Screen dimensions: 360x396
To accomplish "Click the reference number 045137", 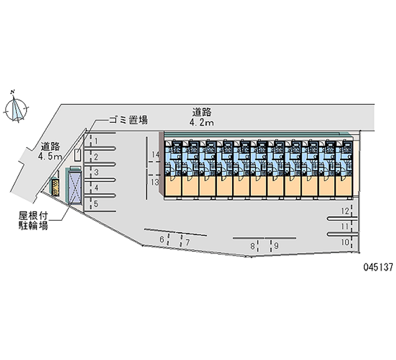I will [x=377, y=266].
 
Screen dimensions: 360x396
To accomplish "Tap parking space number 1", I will [x=97, y=141].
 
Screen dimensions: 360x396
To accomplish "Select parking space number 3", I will [x=97, y=172].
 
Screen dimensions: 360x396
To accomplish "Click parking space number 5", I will [x=97, y=204].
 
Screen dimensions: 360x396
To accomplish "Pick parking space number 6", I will [x=162, y=240].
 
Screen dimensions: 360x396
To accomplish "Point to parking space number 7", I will [x=188, y=242].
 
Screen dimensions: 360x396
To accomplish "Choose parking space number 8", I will [x=252, y=245].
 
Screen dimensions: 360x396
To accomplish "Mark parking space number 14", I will [x=155, y=154].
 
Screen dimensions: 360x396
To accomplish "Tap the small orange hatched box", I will [x=56, y=187].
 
